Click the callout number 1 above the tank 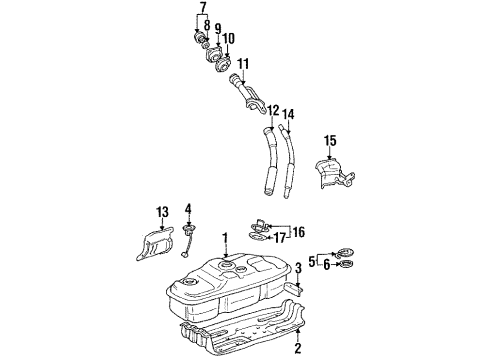click(x=225, y=237)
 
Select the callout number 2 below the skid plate click(x=296, y=350)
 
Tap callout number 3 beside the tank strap click(x=298, y=269)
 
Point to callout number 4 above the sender click(x=187, y=208)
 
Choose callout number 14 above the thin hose click(x=290, y=114)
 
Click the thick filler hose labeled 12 click(x=269, y=160)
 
